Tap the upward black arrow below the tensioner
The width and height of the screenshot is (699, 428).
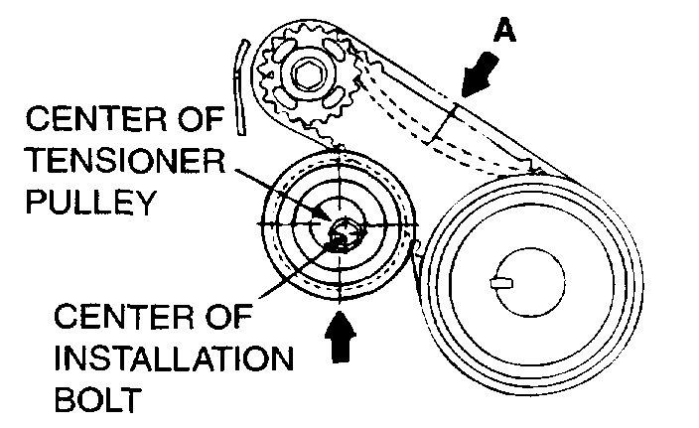tap(340, 337)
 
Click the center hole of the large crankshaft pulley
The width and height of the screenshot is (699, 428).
tap(526, 282)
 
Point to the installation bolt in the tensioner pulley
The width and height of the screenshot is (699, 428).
tap(340, 235)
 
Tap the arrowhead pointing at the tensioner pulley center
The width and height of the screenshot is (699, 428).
tap(320, 214)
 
